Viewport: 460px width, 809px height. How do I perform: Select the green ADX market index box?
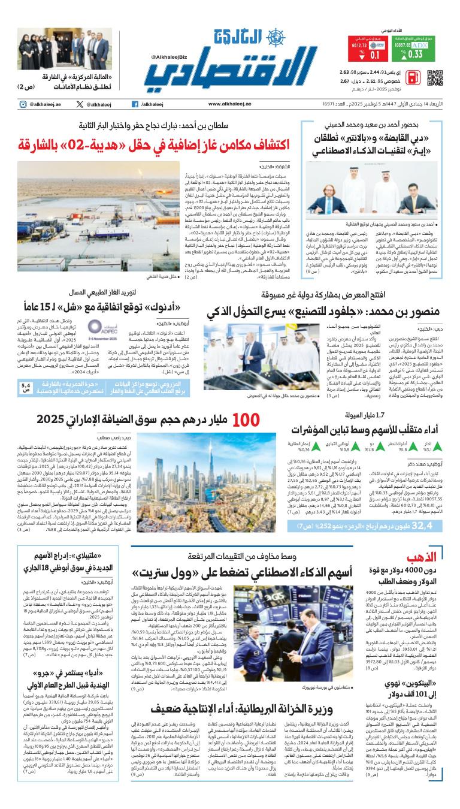coord(410,49)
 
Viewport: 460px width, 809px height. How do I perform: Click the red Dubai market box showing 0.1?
coord(367,49)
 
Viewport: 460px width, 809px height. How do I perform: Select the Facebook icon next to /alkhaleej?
coord(136,104)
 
